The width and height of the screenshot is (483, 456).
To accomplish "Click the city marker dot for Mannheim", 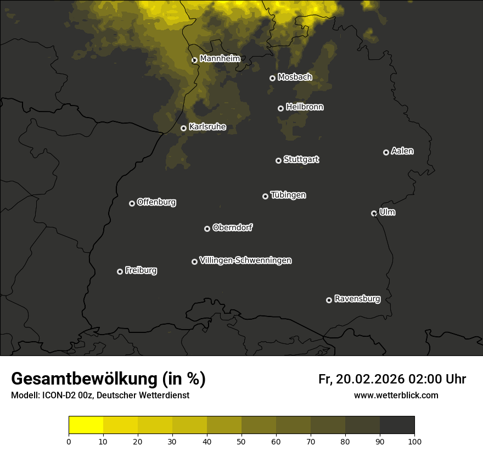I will [194, 60].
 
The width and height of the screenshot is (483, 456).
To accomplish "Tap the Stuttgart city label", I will [301, 159].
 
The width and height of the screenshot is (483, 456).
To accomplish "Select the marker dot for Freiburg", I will [120, 271].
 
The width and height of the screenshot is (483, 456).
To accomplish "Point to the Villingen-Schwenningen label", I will [245, 260].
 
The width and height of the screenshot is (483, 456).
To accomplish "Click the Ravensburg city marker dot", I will [329, 300].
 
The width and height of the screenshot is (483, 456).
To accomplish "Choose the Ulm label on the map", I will [387, 212].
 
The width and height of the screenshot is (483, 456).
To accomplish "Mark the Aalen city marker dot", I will [386, 152].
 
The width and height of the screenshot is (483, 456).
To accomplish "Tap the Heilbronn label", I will [305, 107].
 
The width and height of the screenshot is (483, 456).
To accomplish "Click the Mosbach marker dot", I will [272, 78].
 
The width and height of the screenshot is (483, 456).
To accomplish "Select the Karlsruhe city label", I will [207, 127].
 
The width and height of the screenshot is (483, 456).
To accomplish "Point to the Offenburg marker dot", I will [132, 203].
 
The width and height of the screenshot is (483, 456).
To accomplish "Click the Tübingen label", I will [288, 195].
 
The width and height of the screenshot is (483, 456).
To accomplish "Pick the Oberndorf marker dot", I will [207, 229].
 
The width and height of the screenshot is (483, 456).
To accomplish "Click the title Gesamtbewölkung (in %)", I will [108, 379].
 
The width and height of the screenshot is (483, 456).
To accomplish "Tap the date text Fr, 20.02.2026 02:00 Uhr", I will [392, 379].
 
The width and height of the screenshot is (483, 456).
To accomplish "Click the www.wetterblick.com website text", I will [396, 395].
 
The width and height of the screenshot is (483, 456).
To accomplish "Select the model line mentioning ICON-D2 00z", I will [100, 395].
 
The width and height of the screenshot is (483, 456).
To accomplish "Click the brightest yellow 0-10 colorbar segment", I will [86, 425].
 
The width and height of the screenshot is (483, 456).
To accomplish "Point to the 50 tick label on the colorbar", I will [241, 441].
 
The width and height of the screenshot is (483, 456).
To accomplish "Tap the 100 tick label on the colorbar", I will [414, 441].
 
